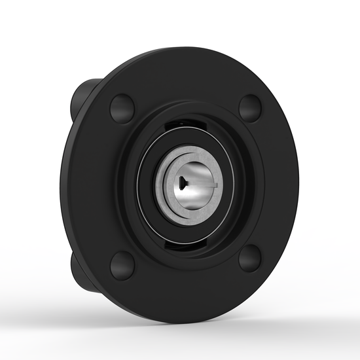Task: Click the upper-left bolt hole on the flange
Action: click(x=122, y=108)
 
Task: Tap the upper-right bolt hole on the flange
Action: click(x=250, y=107)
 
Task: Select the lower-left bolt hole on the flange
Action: click(x=122, y=264)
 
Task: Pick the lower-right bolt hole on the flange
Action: click(x=250, y=258)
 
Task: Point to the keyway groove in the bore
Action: click(x=208, y=187)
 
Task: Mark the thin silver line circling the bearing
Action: click(x=145, y=190)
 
